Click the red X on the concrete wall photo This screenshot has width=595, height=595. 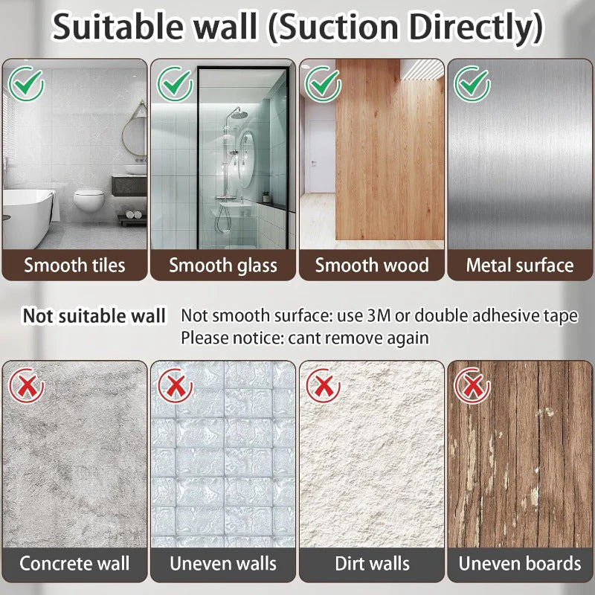(x=27, y=385)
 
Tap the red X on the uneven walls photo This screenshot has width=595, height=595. (x=176, y=385)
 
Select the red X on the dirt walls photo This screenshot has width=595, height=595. (x=324, y=385)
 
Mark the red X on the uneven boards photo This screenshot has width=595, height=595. (x=472, y=385)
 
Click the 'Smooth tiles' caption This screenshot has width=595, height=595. (x=74, y=266)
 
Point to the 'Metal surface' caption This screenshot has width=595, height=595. (x=520, y=266)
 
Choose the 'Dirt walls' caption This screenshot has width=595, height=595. (x=372, y=563)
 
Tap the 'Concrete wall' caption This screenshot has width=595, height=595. (x=74, y=563)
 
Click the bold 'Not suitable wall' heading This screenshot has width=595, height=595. (x=94, y=316)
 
